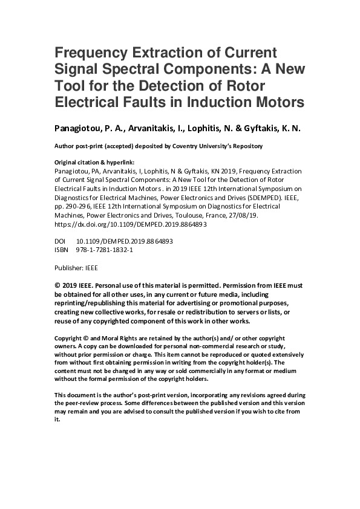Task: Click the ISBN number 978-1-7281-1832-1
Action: coord(105,249)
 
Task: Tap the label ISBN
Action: coord(62,249)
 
